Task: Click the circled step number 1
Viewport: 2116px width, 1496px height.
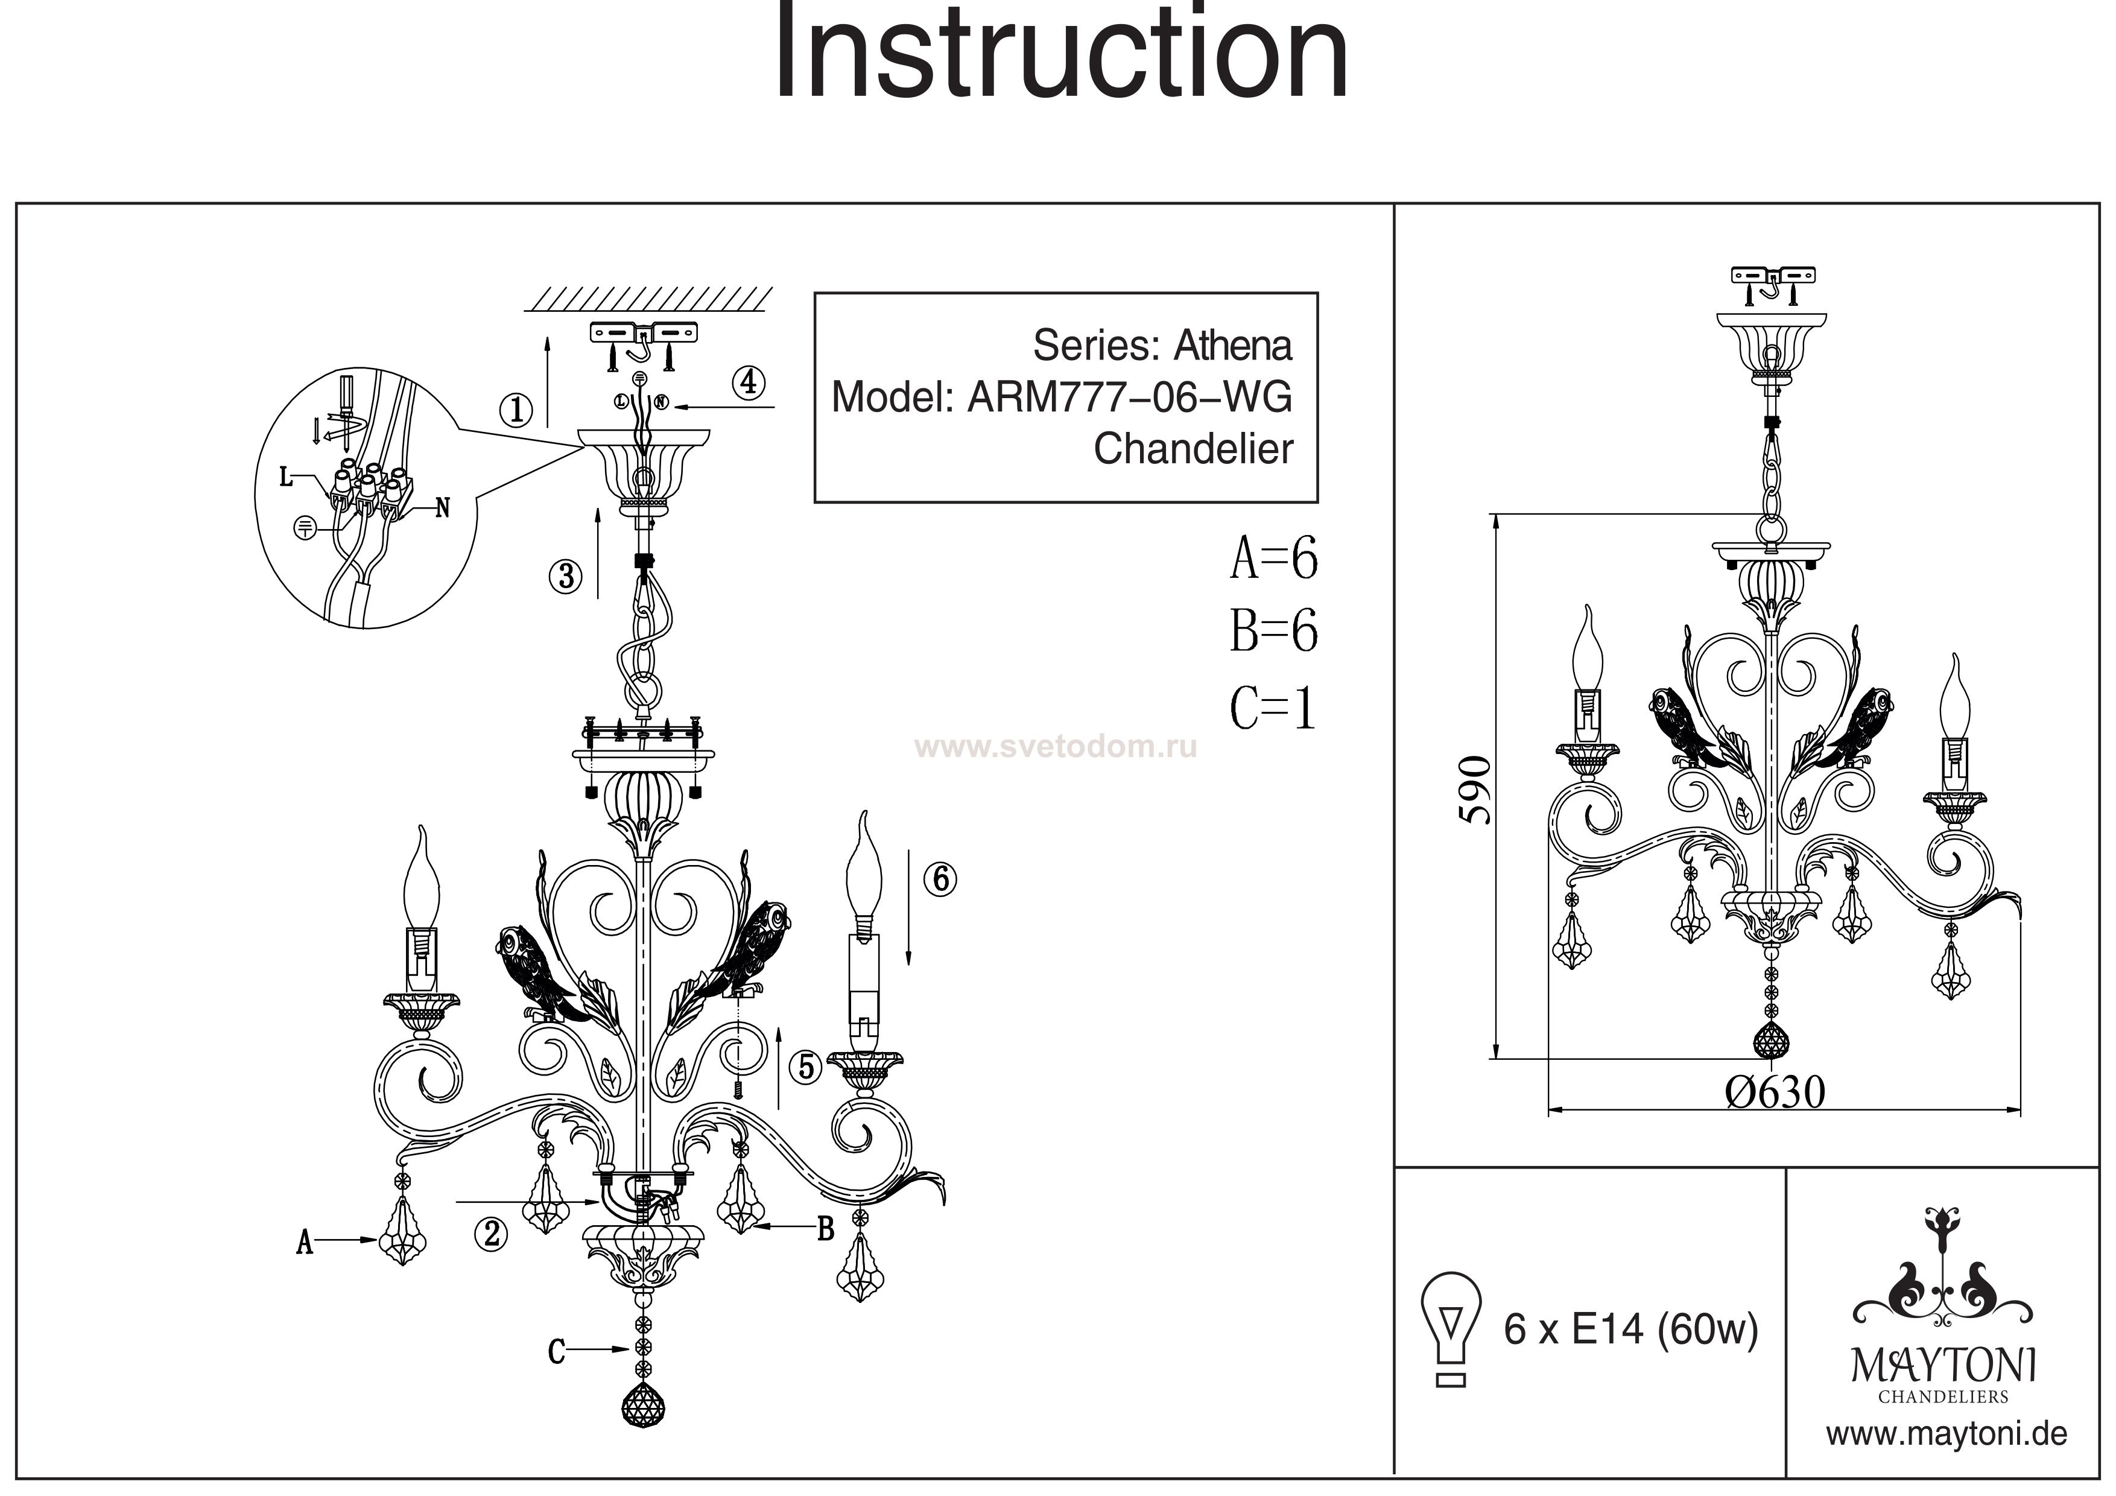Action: [516, 408]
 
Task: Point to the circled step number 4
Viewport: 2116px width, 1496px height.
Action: [749, 382]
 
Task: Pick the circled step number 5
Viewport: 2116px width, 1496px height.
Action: [806, 1067]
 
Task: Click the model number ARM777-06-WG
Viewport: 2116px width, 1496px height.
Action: [1129, 398]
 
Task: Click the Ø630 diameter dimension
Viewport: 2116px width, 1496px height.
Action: [1774, 1093]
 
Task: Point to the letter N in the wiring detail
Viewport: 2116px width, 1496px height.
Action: [442, 508]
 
